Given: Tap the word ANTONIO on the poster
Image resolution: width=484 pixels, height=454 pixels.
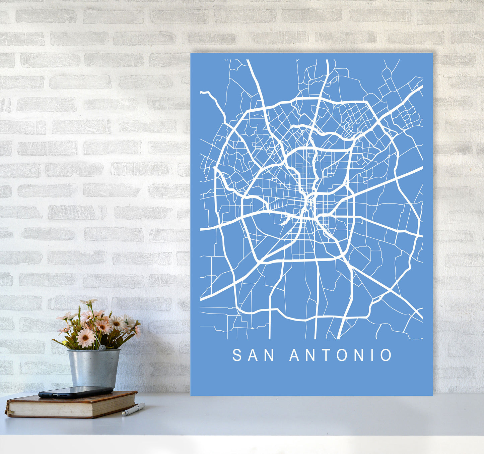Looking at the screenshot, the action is (341, 355).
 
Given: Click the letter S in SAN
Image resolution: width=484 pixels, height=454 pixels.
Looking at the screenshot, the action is (237, 355).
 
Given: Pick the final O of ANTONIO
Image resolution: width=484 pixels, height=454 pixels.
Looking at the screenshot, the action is (386, 355).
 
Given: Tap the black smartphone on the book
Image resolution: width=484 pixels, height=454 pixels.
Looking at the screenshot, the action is (76, 392).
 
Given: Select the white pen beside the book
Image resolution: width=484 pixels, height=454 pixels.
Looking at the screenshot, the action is (134, 409).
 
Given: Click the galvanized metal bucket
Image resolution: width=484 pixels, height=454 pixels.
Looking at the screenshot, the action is (93, 367).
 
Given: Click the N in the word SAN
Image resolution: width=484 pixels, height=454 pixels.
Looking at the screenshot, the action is (269, 355).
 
